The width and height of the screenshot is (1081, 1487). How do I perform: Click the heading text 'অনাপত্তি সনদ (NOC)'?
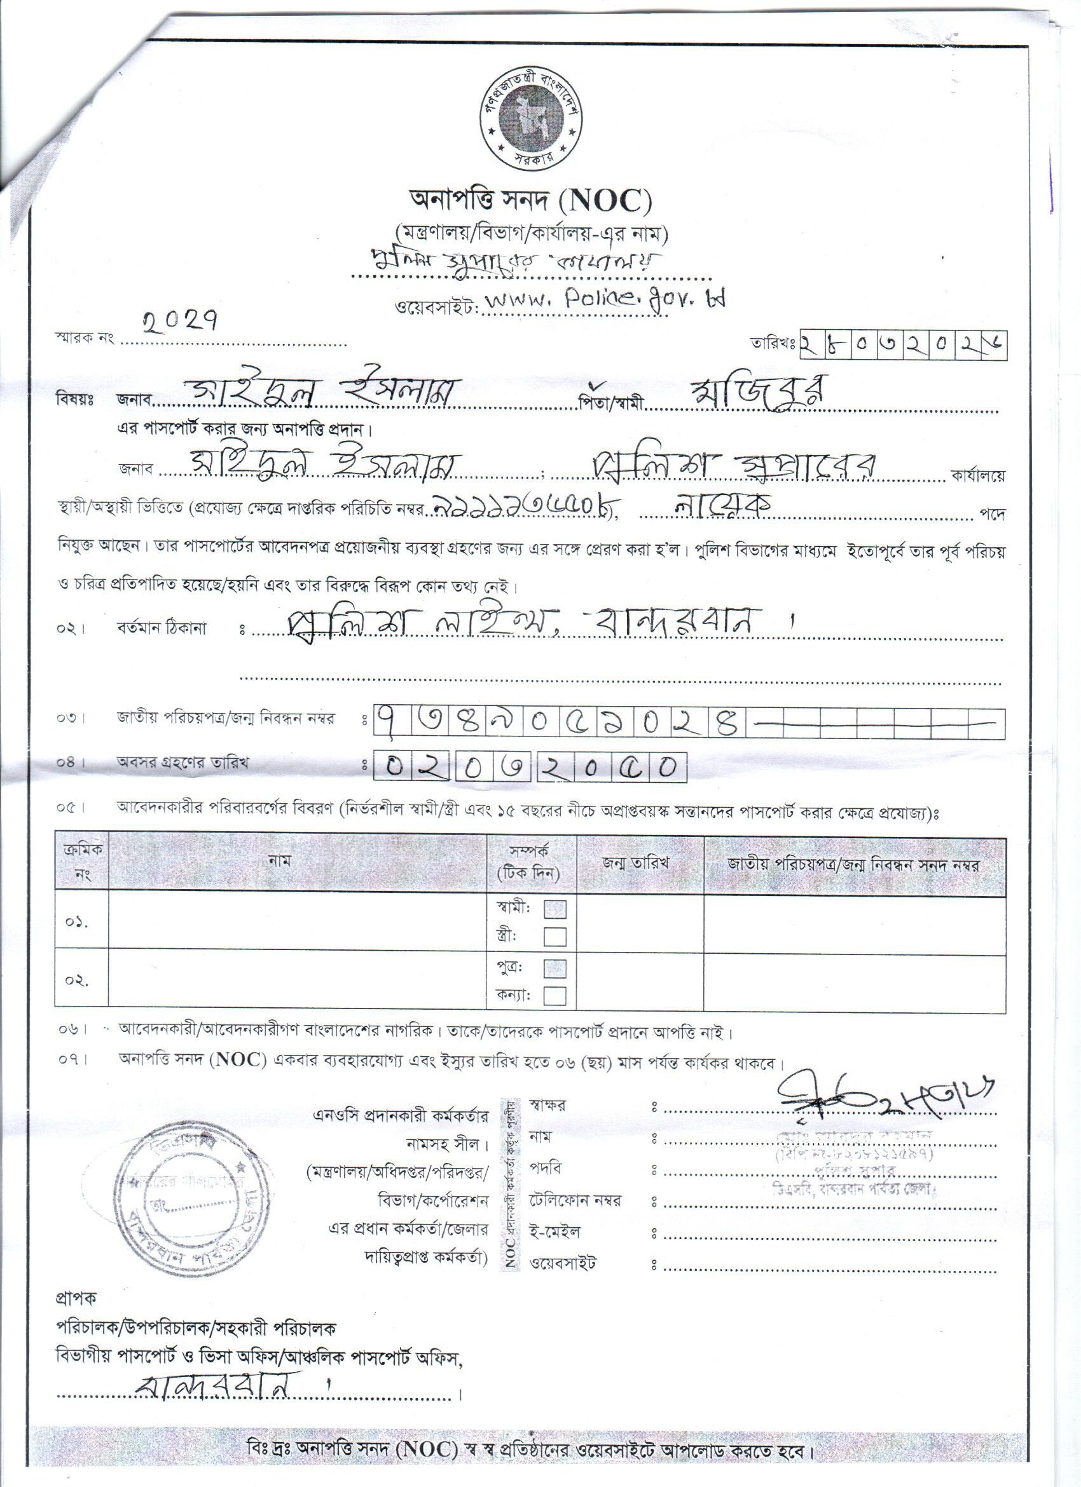pos(530,200)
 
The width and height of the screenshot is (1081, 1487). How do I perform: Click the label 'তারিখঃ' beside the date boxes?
pos(774,343)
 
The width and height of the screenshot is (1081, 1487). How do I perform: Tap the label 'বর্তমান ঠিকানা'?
pos(162,628)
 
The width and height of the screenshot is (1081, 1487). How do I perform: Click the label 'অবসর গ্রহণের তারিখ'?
pos(182,763)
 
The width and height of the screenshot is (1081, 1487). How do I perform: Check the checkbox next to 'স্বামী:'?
pos(555,909)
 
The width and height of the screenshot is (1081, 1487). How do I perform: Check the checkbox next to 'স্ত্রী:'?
pos(555,935)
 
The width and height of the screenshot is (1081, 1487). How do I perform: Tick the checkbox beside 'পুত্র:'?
pos(555,968)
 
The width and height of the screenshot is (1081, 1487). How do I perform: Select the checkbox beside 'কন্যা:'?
pos(555,995)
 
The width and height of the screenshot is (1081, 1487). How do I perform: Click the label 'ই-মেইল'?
pos(555,1232)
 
